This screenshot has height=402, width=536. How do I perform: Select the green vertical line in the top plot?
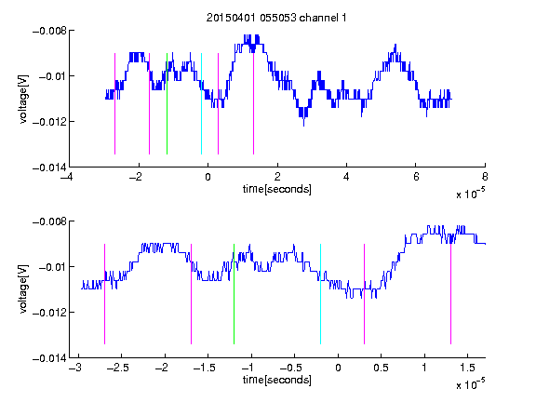167,103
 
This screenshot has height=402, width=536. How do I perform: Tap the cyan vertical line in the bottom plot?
320,294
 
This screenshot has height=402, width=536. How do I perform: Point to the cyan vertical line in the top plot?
201,103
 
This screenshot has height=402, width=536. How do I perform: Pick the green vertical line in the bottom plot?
234,294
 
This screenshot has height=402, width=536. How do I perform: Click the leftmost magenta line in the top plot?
114,103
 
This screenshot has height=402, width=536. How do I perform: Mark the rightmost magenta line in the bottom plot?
450,294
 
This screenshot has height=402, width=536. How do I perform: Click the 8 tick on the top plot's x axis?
485,177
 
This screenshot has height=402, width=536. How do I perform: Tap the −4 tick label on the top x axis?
66,177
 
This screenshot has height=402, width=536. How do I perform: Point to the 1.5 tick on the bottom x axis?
468,368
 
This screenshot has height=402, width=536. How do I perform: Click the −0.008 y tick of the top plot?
49,31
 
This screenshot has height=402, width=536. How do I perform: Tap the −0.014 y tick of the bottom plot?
49,358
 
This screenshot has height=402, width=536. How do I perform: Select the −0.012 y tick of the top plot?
49,122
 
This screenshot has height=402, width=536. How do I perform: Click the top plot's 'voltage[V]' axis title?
23,100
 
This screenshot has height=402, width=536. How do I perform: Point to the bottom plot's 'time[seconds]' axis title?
277,380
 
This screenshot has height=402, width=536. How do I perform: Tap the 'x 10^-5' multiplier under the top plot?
470,194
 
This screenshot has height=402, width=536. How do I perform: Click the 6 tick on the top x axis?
416,177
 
